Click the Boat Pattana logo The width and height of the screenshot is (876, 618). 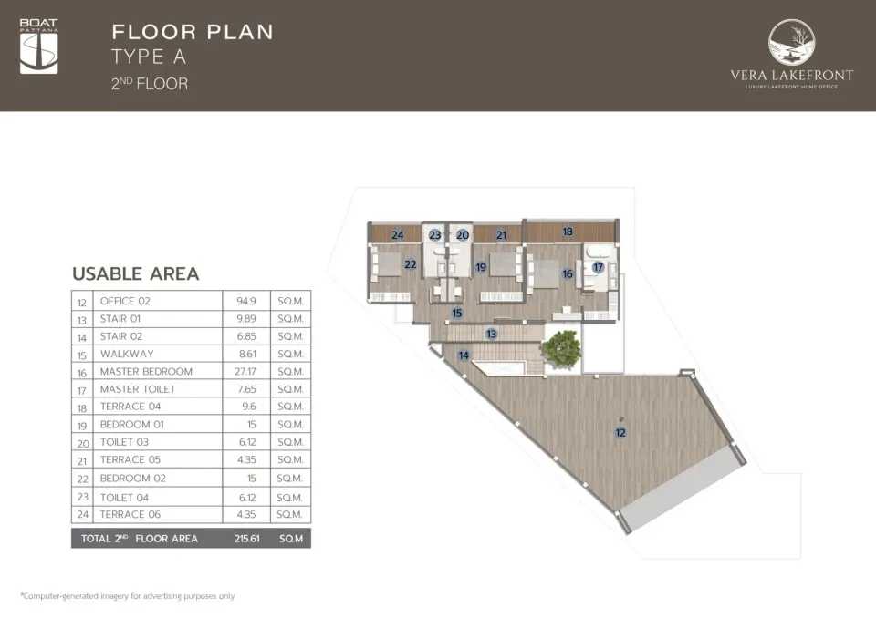(38, 46)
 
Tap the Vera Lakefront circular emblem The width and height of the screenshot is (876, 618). (791, 43)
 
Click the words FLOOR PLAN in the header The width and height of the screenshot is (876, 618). (193, 32)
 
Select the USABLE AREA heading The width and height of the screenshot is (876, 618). (136, 273)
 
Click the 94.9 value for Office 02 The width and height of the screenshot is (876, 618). (245, 301)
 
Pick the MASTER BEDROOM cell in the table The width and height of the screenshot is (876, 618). (146, 371)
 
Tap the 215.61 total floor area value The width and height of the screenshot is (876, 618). (247, 539)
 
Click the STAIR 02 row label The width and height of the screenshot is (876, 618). (121, 336)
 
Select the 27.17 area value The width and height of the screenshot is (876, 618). (245, 371)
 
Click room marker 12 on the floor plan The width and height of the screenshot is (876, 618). (620, 433)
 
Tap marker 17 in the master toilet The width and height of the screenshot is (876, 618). (598, 267)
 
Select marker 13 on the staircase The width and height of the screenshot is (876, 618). (491, 335)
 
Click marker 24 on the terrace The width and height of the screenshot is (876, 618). (397, 235)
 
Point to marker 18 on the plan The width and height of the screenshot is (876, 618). (568, 232)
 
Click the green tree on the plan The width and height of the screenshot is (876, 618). (561, 349)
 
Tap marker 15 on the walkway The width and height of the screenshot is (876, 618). (457, 314)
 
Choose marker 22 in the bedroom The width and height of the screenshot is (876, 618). (410, 264)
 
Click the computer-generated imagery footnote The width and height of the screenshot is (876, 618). (128, 596)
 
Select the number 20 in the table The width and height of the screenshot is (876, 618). (83, 443)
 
